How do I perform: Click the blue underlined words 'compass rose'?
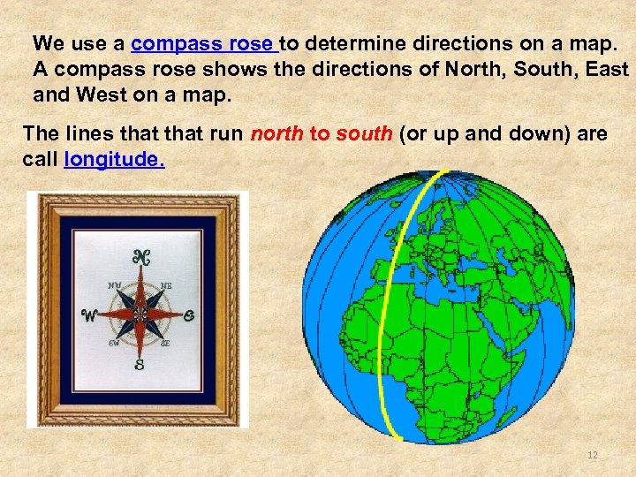[204, 43]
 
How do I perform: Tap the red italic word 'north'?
[276, 134]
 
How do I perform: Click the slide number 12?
[593, 455]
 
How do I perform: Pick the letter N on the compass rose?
[140, 257]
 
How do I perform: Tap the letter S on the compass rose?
[140, 364]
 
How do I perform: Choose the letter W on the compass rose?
[90, 316]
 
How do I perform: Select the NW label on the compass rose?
[115, 285]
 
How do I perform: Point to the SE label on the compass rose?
[166, 343]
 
